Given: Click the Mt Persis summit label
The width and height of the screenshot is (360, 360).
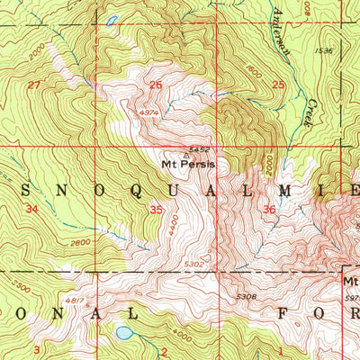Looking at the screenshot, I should coord(187,165).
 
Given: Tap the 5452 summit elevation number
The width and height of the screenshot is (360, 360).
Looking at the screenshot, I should coord(200,148).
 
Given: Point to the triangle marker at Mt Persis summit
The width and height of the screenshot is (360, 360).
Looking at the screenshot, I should coord(186,154).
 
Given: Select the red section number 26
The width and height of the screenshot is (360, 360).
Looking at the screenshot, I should coord(156,85).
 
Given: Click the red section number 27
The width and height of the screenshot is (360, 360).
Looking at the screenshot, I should coord(34,85).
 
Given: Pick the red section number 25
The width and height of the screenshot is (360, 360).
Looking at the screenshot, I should coord(278,85).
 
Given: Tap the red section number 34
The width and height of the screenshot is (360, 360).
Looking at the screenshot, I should coord(33,209).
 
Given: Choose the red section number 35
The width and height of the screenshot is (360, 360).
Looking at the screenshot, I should coord(157,209).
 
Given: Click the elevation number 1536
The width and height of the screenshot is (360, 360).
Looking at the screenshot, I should coord(325,51).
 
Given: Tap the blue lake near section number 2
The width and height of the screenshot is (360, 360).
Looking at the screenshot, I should coord(122,332).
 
